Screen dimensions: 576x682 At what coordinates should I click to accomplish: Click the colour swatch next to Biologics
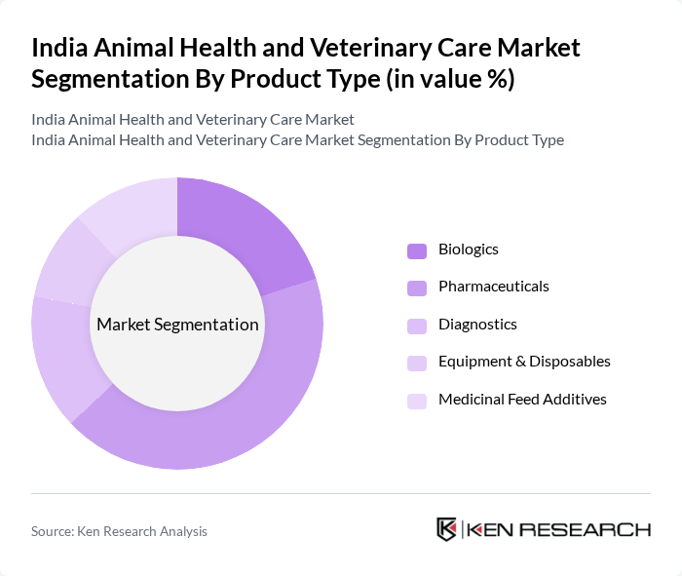click(417, 250)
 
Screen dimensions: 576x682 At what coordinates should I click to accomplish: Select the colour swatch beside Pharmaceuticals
click(417, 288)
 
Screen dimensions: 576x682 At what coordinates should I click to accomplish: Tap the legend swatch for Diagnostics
click(417, 326)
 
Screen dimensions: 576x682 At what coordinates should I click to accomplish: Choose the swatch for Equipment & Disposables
click(417, 363)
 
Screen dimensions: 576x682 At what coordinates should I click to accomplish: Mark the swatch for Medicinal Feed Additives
click(417, 400)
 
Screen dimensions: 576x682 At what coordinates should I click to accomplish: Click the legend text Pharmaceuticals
click(493, 287)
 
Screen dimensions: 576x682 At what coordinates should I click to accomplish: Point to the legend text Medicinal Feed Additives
click(522, 399)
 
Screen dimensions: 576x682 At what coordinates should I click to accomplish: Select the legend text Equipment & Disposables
click(524, 362)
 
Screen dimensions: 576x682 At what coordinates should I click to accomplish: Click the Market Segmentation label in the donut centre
click(177, 325)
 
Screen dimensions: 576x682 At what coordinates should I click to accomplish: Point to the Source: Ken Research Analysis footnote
click(119, 531)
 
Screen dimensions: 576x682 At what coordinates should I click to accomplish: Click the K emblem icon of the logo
click(447, 529)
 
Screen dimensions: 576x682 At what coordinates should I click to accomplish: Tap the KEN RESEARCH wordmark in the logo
click(559, 530)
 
